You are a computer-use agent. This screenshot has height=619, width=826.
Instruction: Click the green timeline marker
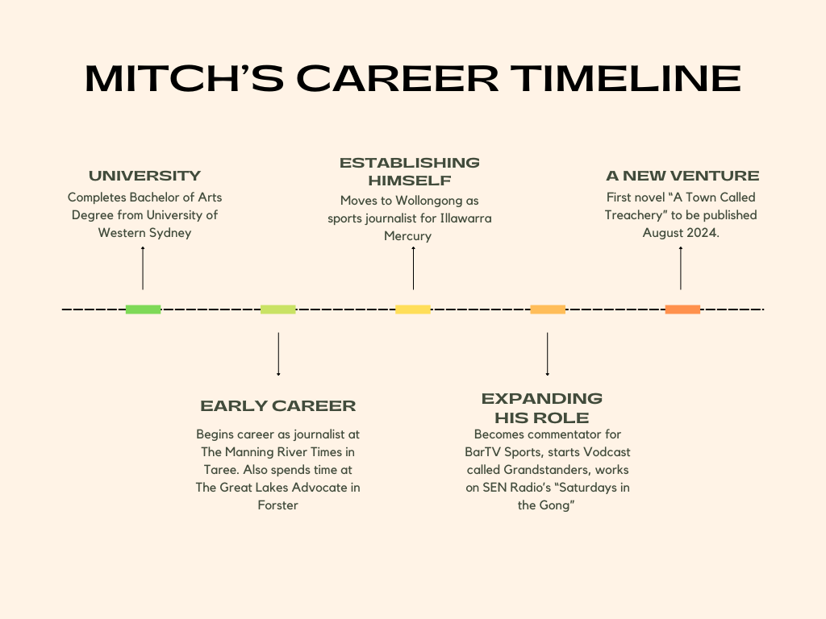coord(144,309)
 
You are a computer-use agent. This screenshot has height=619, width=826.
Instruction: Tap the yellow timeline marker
coord(413,309)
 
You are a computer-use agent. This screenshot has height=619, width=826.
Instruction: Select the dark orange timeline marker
coord(682,309)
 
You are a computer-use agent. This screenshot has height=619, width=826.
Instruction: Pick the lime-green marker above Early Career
coord(278,309)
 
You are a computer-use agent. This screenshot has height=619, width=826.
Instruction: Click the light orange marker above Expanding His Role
coord(548,309)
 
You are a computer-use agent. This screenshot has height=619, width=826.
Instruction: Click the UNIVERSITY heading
coord(145,176)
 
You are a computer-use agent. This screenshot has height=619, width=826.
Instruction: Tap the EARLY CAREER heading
coord(278,406)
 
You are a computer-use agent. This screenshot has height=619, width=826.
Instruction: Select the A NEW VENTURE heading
coord(682,176)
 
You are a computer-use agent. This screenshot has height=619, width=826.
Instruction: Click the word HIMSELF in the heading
coord(410,181)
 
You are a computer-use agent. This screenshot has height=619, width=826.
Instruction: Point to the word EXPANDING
coord(542,398)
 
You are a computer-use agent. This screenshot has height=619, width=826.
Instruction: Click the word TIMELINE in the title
coord(626,78)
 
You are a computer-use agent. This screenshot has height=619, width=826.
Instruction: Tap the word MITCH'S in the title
coord(185,78)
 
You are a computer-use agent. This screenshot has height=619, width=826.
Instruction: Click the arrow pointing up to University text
coord(143,268)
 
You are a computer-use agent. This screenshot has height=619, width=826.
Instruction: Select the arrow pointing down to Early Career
coord(278,355)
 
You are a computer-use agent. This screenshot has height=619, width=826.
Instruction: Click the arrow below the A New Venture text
coord(681,268)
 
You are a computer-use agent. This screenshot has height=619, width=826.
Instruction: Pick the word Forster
coord(278,505)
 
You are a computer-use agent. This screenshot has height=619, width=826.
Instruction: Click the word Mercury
coord(407,236)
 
